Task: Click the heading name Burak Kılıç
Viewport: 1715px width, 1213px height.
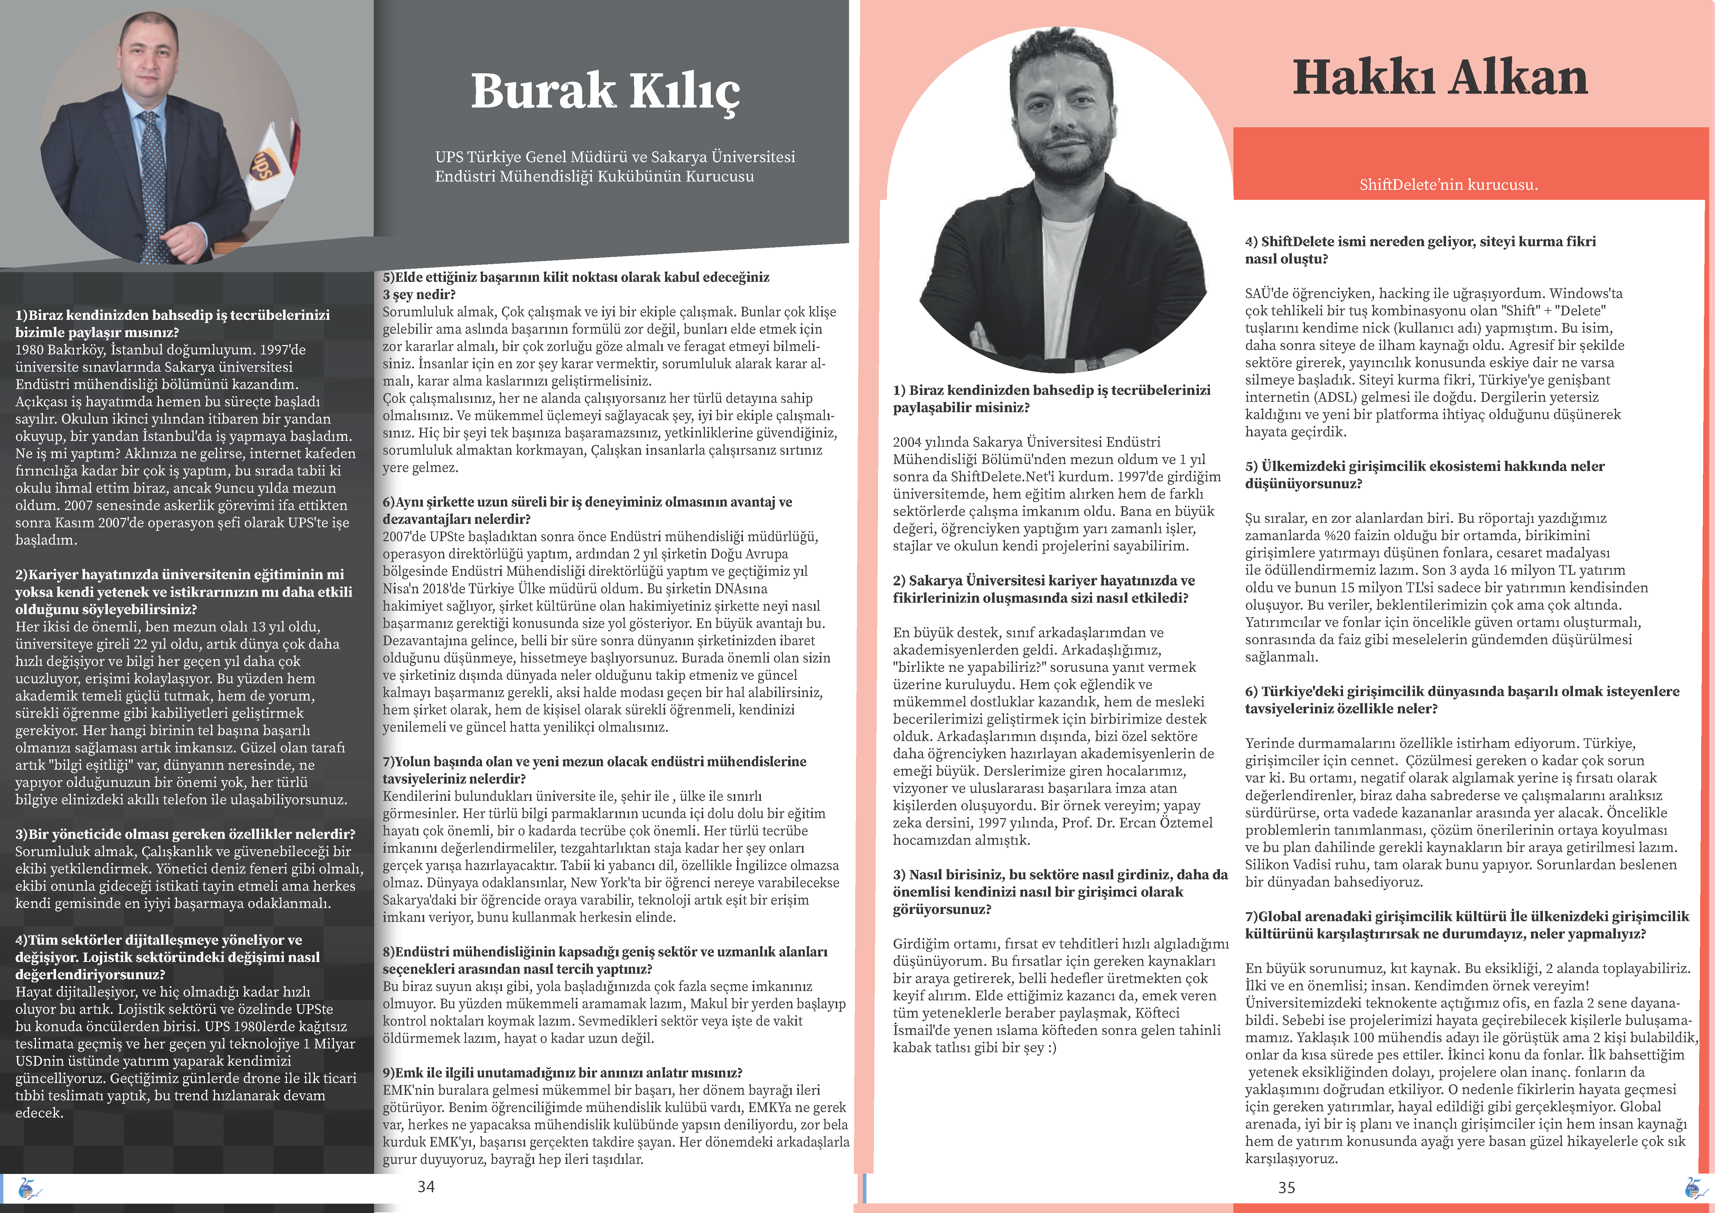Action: tap(605, 91)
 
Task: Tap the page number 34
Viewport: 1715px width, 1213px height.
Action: tap(426, 1186)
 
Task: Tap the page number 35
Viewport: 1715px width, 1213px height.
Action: tap(1286, 1187)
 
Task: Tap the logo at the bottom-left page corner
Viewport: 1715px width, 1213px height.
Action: tap(30, 1188)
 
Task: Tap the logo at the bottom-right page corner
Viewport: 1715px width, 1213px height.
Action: tap(1696, 1188)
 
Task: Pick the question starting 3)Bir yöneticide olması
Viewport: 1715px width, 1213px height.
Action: tap(185, 834)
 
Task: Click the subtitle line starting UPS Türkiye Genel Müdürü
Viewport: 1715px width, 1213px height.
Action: tap(615, 157)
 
